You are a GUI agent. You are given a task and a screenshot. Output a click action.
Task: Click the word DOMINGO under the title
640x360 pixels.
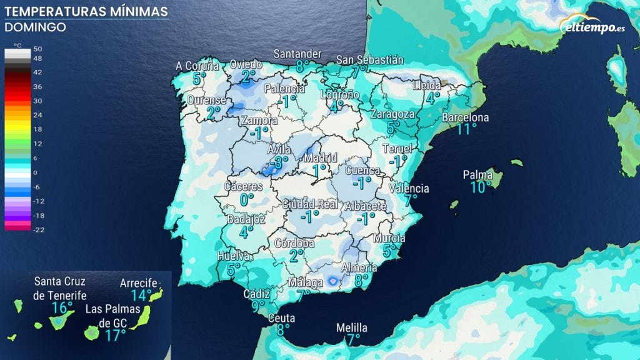click(35, 27)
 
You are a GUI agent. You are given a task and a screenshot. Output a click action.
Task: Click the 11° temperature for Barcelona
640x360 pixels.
click(466, 129)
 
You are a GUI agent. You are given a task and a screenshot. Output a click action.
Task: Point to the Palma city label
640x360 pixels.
click(477, 175)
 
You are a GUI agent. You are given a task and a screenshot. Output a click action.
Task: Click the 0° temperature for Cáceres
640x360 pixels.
click(247, 199)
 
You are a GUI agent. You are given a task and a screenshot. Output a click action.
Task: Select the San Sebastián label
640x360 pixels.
click(370, 60)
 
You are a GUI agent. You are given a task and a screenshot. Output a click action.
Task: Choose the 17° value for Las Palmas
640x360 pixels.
click(115, 336)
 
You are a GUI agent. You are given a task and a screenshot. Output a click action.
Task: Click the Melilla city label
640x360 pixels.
click(352, 328)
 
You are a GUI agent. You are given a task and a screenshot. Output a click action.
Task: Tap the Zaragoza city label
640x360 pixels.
click(392, 114)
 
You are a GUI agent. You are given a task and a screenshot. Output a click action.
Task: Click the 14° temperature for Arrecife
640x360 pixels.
click(142, 294)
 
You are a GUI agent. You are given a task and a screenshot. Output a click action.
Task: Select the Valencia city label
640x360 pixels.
click(409, 188)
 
